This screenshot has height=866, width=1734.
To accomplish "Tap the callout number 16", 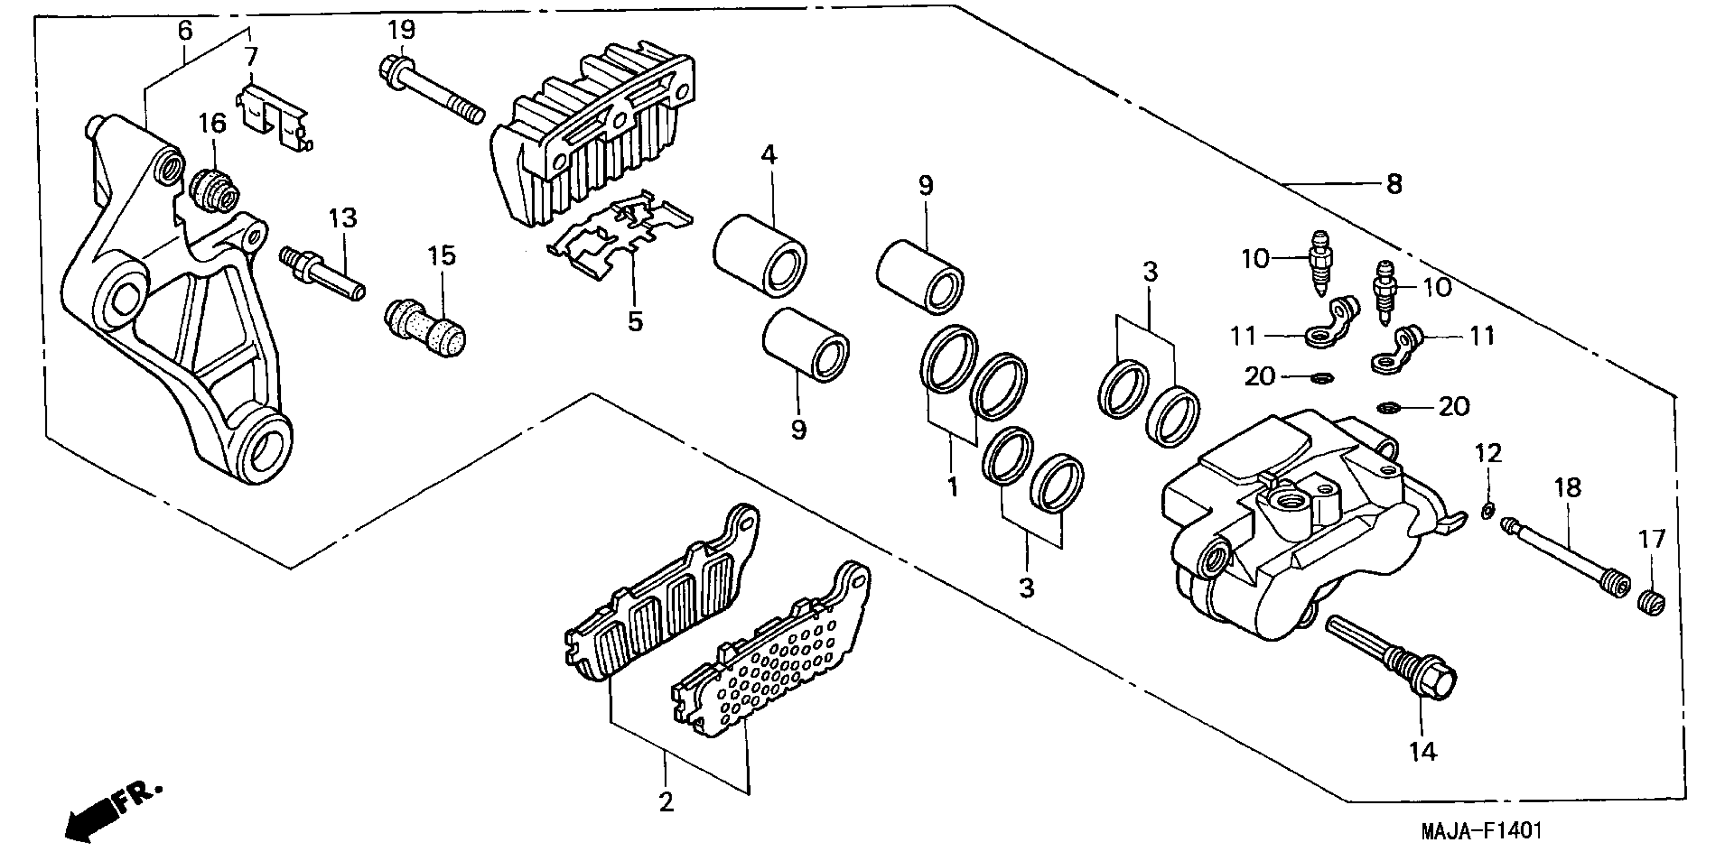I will point(212,124).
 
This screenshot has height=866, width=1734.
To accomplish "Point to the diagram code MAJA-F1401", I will point(1481,831).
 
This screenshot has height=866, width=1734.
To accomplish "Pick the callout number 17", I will point(1651,539).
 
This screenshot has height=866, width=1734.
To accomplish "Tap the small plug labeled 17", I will point(1651,601).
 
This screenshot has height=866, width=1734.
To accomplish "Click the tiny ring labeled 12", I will point(1487,511).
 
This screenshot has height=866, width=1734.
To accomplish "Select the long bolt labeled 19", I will point(431,90).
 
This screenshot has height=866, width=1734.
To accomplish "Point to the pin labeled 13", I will point(323,275).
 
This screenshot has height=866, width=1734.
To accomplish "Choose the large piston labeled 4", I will point(759,254).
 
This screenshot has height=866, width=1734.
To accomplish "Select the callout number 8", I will point(1394,184).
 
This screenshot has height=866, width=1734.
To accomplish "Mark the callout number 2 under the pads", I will point(666,801).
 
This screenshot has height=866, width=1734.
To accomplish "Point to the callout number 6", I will point(184,30).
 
